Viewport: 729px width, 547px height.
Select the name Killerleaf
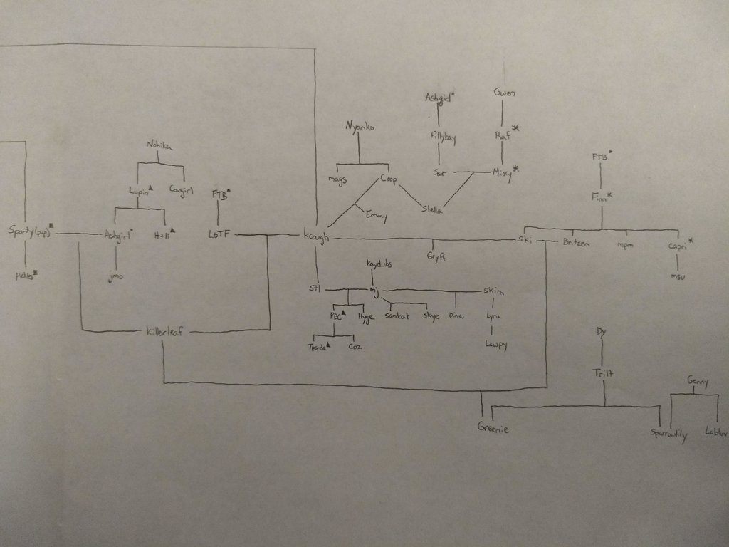[x=165, y=331]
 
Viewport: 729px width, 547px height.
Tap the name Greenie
[x=493, y=429]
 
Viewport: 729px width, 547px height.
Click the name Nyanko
[x=359, y=127]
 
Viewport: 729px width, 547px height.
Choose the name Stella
[x=432, y=209]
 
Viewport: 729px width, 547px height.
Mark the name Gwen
[x=504, y=93]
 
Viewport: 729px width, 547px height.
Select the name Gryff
[x=436, y=256]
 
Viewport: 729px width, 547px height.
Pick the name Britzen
[x=576, y=243]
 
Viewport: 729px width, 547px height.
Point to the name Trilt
[x=602, y=373]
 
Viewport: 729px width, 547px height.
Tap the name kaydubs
[x=379, y=264]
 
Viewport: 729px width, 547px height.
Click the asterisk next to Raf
[x=516, y=127]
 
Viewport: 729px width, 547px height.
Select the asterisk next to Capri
[x=691, y=242]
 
